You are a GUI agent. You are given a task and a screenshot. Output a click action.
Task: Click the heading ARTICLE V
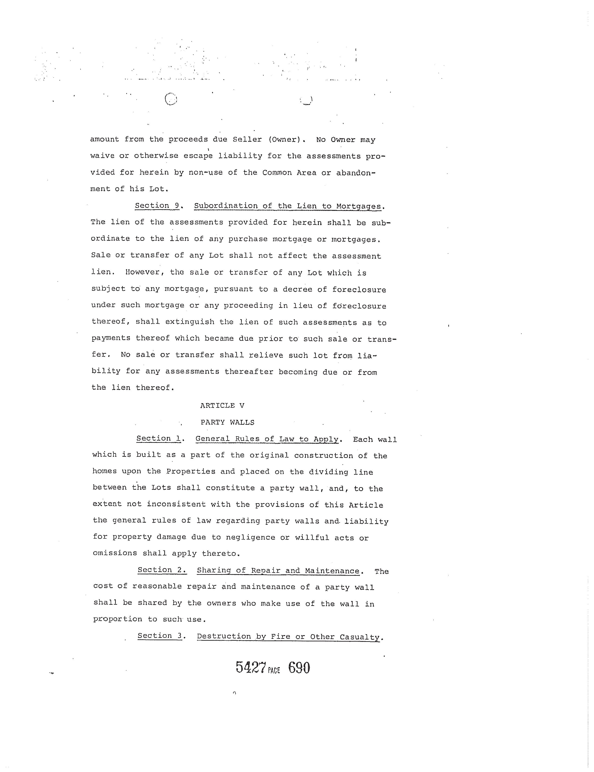click(x=222, y=405)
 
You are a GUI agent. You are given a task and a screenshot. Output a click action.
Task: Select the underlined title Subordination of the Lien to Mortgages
click(x=288, y=206)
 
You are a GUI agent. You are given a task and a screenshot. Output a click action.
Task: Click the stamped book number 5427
click(x=251, y=668)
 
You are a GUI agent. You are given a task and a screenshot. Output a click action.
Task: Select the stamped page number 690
click(x=299, y=667)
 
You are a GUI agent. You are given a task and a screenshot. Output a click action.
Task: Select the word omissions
click(x=115, y=553)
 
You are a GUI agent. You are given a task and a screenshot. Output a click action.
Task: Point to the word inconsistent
click(x=176, y=504)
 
